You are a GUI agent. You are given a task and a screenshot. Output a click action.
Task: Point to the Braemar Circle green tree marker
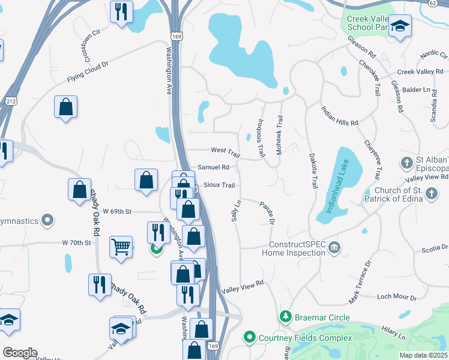pos(286,317)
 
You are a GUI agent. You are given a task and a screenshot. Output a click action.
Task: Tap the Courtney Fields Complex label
pos(305,338)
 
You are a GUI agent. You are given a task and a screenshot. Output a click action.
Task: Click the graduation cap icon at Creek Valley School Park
pos(400,28)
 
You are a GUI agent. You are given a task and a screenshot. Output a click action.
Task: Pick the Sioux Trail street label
pos(219,185)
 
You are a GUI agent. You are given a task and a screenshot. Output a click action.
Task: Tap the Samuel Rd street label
pos(214,167)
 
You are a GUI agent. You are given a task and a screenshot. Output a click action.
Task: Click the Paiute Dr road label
pos(267,213)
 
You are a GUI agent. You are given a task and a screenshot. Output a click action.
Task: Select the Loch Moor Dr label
pos(396,297)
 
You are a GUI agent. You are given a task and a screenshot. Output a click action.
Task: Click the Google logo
pos(19,353)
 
